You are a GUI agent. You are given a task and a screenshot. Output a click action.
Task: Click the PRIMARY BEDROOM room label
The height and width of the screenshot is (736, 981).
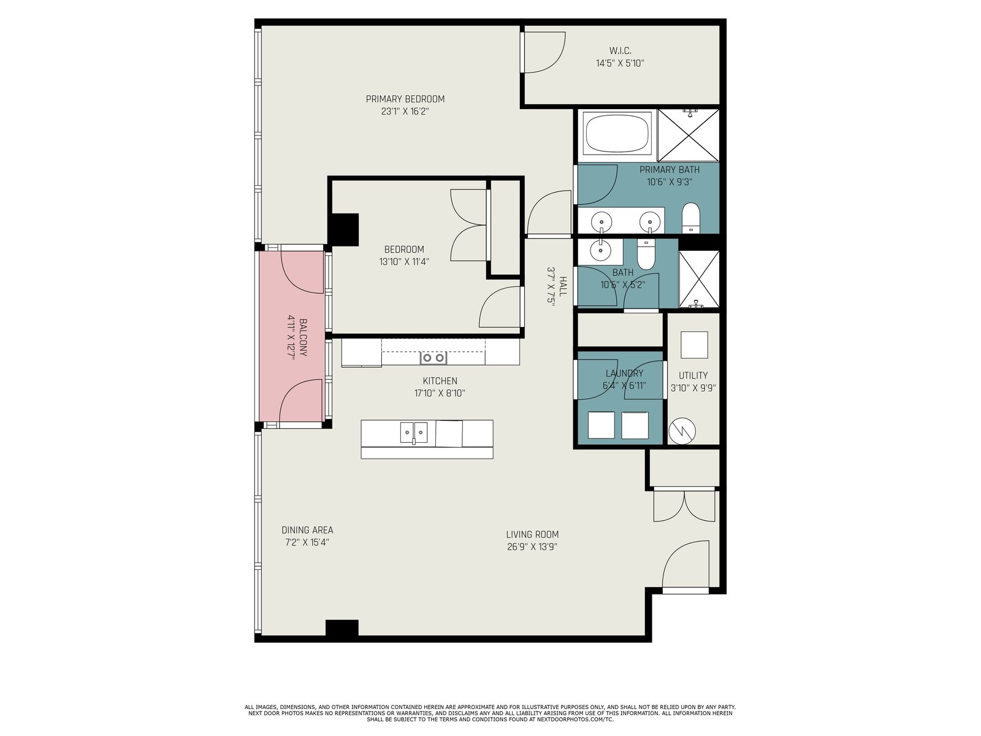(405, 99)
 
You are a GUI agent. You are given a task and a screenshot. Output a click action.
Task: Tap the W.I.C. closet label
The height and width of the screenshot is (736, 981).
(620, 51)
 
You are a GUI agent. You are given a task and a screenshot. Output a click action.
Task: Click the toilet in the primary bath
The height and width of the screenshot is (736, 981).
(691, 218)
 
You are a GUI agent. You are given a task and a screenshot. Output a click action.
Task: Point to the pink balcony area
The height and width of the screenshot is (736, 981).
(291, 336)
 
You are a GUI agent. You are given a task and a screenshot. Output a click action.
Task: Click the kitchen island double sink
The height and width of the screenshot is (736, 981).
(413, 432)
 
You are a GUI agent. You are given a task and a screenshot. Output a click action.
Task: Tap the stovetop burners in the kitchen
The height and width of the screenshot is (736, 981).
(433, 358)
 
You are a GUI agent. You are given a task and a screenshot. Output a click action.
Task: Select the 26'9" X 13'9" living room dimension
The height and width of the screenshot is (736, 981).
(532, 546)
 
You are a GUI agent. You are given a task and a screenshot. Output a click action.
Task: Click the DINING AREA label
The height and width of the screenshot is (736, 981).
(307, 530)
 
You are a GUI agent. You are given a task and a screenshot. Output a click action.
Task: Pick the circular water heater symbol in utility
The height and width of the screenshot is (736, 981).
(682, 431)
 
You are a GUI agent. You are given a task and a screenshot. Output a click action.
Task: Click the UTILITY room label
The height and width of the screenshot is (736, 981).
(693, 375)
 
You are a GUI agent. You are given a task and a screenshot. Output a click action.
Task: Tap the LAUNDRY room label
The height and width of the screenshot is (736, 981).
(624, 373)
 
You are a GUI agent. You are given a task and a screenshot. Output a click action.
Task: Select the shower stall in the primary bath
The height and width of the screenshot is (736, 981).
(689, 135)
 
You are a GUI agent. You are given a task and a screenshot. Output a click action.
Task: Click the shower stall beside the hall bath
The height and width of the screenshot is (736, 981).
(699, 279)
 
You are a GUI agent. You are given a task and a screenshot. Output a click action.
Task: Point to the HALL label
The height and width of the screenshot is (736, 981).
(563, 286)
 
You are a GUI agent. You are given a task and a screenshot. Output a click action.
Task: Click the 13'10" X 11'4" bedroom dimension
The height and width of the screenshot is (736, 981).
(404, 261)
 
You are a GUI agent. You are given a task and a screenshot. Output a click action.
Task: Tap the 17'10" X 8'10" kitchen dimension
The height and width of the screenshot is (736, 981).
(440, 393)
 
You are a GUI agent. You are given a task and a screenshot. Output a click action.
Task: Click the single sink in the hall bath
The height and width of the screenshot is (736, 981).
(600, 252)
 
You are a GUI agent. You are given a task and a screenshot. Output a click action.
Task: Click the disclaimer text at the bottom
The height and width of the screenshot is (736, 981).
(490, 713)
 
